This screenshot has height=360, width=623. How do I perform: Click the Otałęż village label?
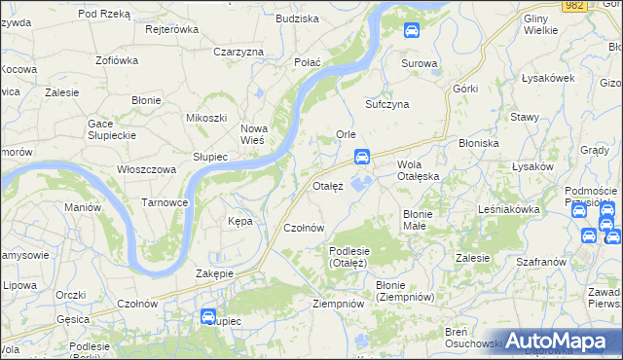(x=327, y=185)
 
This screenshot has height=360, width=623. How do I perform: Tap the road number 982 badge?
(x=574, y=6)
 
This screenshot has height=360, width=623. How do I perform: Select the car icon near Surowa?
(x=412, y=31)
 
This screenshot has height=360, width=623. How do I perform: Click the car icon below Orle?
(x=362, y=156)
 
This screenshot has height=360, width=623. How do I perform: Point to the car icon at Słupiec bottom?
(x=207, y=316)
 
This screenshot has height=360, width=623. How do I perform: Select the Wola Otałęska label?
(x=419, y=170)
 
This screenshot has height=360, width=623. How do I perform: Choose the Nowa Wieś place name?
(x=253, y=134)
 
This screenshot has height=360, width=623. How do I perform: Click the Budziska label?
(x=298, y=18)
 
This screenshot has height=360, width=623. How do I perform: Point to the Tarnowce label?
(x=165, y=202)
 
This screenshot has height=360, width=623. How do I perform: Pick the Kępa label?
(x=239, y=221)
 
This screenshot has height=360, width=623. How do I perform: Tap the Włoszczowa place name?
(x=146, y=169)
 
